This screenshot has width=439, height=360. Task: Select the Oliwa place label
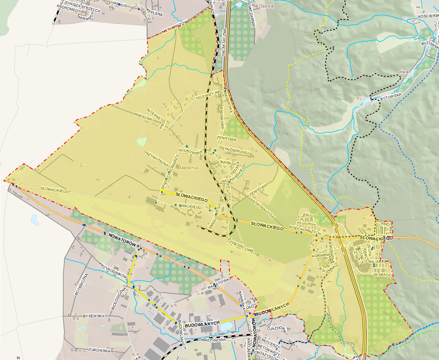403,72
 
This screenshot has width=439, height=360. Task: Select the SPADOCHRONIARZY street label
169,172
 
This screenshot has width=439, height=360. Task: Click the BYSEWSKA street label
94,315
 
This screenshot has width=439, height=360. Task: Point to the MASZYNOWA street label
214,340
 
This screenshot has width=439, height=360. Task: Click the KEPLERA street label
154,13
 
